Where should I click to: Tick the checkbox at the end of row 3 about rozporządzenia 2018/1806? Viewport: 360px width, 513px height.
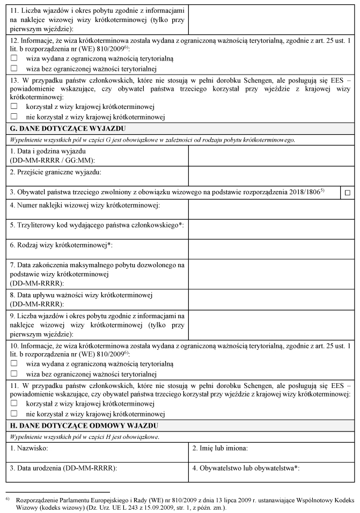click(348, 192)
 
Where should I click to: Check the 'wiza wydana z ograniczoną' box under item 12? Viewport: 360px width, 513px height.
click(14, 58)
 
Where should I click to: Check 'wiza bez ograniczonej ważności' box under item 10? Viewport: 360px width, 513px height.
click(14, 373)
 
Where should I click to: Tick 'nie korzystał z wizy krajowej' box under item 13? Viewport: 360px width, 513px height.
click(14, 116)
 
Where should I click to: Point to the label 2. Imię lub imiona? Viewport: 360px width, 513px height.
click(220, 448)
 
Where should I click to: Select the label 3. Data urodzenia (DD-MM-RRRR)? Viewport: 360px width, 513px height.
click(63, 468)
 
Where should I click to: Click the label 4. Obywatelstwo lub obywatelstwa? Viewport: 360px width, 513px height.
click(246, 468)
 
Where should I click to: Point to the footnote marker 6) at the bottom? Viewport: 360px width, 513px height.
click(7, 499)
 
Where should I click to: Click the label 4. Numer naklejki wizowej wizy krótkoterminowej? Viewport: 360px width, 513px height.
click(85, 206)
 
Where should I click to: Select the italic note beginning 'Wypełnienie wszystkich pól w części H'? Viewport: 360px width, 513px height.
click(83, 437)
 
